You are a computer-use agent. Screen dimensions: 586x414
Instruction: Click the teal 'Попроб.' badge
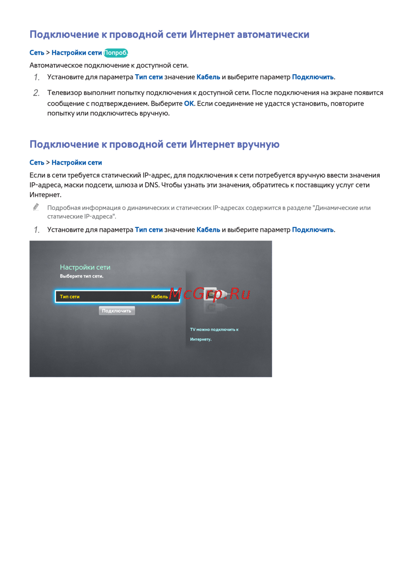[116, 53]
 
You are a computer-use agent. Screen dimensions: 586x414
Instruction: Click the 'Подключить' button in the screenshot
[117, 311]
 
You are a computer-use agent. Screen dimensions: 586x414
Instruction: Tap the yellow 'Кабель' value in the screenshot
[159, 297]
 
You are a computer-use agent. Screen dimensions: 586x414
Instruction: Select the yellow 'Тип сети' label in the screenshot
[70, 297]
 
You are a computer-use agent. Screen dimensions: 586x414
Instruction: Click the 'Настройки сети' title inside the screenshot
[85, 267]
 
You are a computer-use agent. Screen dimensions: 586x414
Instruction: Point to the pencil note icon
[36, 207]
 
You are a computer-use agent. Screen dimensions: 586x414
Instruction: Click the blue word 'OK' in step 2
[189, 104]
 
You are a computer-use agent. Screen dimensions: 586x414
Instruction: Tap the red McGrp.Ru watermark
[209, 294]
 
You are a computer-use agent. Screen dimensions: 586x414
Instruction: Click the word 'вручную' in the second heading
[258, 144]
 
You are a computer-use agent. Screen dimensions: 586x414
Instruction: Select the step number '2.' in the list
[36, 93]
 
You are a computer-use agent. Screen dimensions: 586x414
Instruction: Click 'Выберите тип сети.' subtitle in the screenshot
[82, 276]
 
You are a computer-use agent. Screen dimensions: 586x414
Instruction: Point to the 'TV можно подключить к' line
[214, 330]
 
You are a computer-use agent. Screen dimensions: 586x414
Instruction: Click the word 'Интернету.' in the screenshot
[201, 339]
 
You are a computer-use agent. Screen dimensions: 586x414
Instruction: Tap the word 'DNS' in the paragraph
[152, 185]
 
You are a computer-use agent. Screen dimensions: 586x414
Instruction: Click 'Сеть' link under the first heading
[37, 53]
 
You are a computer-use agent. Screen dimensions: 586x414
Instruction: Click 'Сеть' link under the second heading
[37, 162]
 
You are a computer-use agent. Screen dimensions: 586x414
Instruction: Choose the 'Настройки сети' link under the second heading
[77, 162]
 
